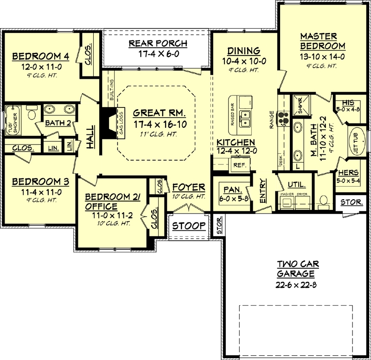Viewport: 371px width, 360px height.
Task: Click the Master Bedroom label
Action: click(322, 41)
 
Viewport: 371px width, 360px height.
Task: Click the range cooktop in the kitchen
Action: click(281, 119)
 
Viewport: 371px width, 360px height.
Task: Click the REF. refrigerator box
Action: click(240, 164)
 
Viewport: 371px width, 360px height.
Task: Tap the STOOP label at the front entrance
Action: click(188, 226)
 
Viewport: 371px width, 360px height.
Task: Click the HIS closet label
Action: click(347, 103)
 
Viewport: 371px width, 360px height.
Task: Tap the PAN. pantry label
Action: click(230, 189)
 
